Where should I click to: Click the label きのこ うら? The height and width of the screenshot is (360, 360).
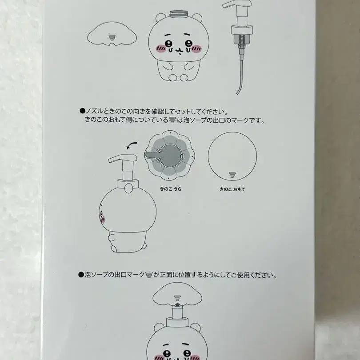(x=171, y=189)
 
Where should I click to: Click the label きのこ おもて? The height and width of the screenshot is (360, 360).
(x=232, y=189)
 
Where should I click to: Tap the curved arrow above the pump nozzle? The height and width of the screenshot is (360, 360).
(x=132, y=145)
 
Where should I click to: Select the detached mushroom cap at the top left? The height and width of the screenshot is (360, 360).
(x=112, y=33)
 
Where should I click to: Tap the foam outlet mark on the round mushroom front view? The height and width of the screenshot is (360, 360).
(x=232, y=175)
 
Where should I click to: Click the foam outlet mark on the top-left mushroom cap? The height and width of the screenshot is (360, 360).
(x=112, y=38)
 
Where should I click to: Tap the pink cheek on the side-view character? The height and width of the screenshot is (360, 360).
(x=103, y=220)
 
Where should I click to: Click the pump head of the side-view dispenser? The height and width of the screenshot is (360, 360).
(x=122, y=158)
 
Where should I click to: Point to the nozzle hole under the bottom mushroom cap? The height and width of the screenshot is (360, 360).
(x=177, y=305)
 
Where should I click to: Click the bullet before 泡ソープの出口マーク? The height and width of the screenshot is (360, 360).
(x=81, y=275)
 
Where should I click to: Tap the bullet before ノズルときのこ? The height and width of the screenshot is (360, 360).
(x=82, y=112)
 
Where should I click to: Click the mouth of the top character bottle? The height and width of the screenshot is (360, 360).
(x=178, y=50)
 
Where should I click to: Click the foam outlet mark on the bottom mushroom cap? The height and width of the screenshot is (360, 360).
(x=177, y=298)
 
